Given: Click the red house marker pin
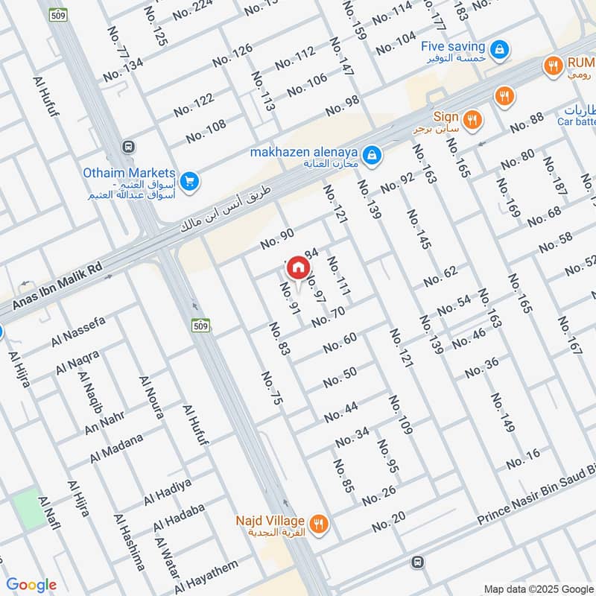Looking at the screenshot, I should tap(297, 267).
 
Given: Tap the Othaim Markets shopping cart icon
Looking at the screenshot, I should tap(188, 180).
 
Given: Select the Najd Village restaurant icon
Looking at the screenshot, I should tap(320, 523).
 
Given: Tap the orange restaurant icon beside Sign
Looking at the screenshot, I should tap(472, 119).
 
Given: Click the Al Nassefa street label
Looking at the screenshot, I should tap(79, 333).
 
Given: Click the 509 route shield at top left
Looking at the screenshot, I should tap(56, 14).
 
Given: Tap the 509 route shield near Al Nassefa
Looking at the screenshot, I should tap(200, 326).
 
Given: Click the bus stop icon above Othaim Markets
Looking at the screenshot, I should tap(129, 147).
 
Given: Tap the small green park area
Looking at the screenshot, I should tap(28, 510).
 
